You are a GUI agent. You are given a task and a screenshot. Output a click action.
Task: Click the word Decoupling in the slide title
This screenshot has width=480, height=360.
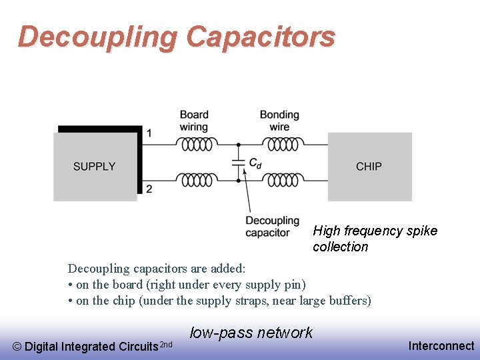pos(98,37)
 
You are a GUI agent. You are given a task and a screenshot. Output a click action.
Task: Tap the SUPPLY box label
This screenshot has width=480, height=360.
pos(95,167)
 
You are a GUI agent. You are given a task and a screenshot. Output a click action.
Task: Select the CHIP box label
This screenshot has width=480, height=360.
pos(369,167)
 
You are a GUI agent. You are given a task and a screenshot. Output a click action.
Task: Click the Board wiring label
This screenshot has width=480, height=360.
pos(194,121)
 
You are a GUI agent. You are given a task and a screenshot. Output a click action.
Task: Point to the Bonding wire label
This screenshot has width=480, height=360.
pos(279,121)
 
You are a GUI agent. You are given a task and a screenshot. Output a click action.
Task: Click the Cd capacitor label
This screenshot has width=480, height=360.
pos(255,162)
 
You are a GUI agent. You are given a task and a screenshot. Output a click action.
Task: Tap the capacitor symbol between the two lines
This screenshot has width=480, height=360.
pos(238,162)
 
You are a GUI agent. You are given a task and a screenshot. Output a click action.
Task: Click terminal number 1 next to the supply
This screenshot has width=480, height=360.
pos(149,133)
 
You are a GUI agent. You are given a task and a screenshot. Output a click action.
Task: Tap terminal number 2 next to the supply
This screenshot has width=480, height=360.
pos(149,189)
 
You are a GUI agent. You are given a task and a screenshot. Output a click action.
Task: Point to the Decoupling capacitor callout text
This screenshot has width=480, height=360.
pos(272,227)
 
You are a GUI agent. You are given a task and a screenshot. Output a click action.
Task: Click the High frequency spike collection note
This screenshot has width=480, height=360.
pos(375,239)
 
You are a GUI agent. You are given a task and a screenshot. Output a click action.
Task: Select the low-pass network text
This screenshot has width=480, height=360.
pos(251,333)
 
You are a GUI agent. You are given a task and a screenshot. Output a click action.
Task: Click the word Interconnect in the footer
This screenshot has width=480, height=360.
pos(441,345)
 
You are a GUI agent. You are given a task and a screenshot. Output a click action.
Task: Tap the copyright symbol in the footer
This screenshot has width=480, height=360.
pos(17,347)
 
